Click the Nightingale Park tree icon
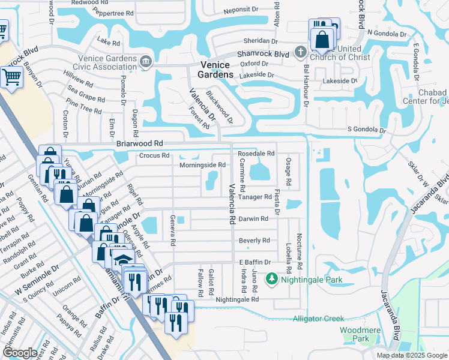(x=272, y=279)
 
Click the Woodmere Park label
(x=354, y=334)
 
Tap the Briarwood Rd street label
(x=140, y=144)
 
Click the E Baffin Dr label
(x=256, y=262)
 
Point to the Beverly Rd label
(x=255, y=240)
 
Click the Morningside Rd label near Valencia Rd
(x=202, y=164)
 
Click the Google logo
(x=20, y=353)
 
